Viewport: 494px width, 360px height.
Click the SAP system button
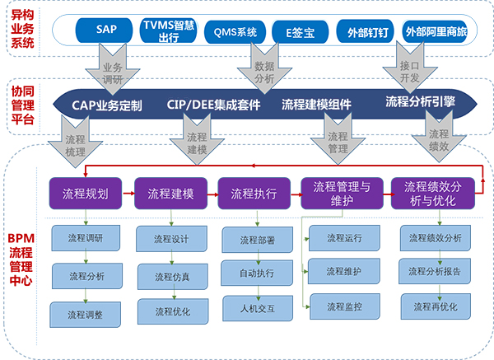pos(104,30)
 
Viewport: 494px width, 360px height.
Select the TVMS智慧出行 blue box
pos(169,30)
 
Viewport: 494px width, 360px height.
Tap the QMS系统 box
pos(235,32)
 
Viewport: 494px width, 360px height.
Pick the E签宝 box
pos(301,32)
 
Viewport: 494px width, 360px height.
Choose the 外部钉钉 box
pos(365,31)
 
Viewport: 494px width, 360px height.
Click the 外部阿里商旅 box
pos(435,31)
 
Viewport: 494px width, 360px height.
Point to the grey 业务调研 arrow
pos(113,70)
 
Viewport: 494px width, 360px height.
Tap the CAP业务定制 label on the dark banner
pos(107,105)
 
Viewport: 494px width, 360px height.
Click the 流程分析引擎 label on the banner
pos(420,101)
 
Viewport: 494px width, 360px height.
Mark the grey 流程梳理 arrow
pos(75,143)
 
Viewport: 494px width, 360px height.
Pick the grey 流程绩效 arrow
pos(439,138)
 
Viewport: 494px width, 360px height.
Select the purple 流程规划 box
pos(86,194)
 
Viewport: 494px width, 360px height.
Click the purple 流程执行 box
pos(254,194)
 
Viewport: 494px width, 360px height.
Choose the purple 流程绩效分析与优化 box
pos(433,194)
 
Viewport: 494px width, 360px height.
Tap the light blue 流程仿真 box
pos(173,277)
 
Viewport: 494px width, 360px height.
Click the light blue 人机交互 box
pos(258,308)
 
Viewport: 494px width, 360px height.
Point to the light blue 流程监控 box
pos(345,306)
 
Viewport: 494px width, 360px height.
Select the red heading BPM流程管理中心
pos(21,259)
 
